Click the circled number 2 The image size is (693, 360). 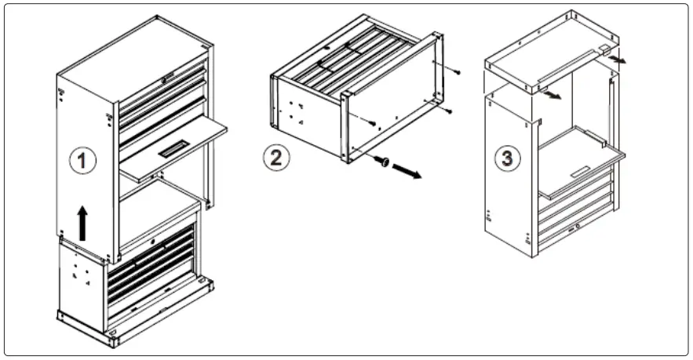click(275, 157)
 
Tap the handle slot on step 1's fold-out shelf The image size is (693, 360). click(174, 149)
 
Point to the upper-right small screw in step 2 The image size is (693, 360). click(456, 72)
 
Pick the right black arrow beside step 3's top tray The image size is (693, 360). click(618, 58)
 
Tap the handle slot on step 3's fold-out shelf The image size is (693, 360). click(582, 172)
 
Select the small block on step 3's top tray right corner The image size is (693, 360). click(604, 49)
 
